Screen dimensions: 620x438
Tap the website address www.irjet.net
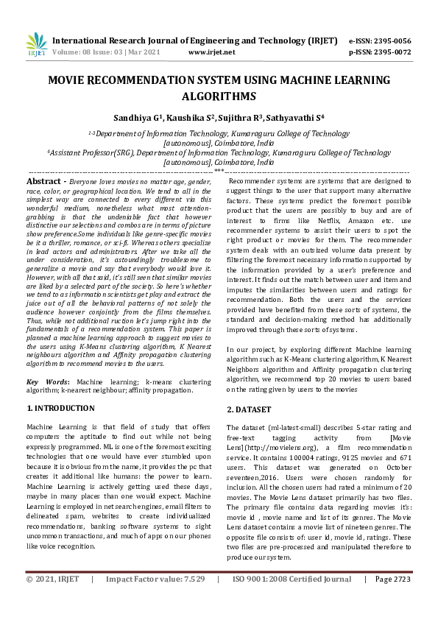point(211,52)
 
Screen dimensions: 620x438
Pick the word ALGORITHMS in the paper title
point(219,96)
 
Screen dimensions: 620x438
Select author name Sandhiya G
point(138,118)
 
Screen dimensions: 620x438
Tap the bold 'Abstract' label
point(43,180)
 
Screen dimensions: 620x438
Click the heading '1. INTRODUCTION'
point(61,407)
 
